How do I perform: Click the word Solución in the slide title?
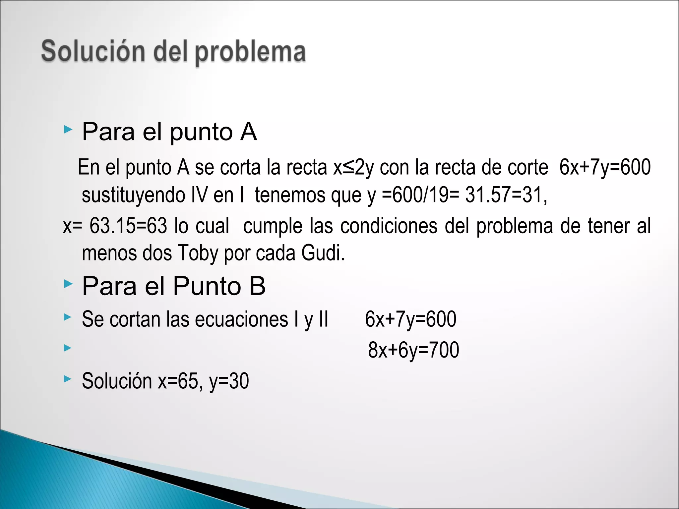(x=93, y=52)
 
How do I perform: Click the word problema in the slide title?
(x=250, y=52)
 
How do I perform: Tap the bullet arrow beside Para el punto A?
(x=68, y=130)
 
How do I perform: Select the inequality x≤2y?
(x=353, y=167)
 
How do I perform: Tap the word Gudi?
(x=323, y=253)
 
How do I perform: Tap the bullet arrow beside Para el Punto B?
(x=68, y=284)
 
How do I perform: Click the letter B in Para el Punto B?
(x=257, y=286)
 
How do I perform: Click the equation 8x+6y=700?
(x=413, y=350)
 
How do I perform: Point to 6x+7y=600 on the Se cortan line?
(x=410, y=319)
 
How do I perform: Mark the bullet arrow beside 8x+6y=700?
(x=68, y=348)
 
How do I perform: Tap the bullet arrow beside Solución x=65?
(x=68, y=379)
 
